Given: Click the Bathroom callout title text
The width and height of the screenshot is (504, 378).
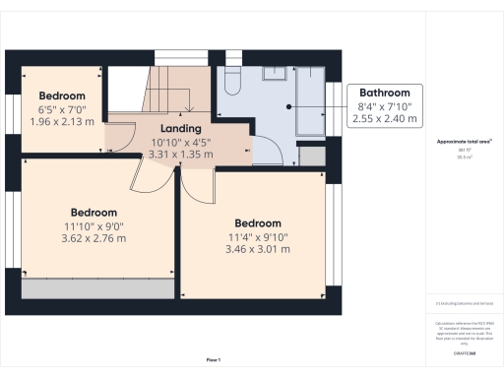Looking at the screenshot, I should click(384, 94).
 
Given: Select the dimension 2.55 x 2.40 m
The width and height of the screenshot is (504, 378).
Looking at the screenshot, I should click(384, 118).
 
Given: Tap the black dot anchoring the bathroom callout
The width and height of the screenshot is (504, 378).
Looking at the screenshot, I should click(288, 106).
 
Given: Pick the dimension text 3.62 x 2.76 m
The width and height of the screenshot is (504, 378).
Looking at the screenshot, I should click(94, 238).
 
